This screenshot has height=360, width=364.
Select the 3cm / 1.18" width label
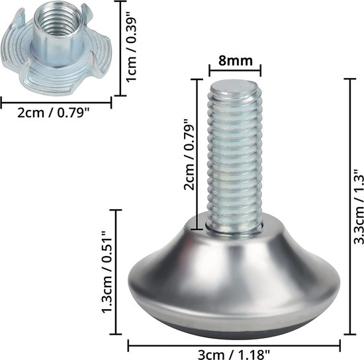(234, 353)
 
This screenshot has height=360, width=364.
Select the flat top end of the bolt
(236, 85)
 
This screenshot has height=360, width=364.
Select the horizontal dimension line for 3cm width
(234, 343)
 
